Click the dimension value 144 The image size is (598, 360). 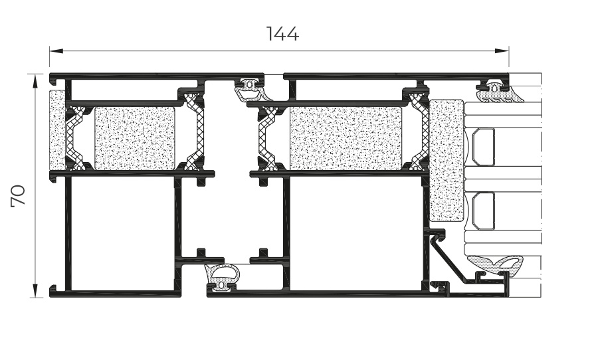282,34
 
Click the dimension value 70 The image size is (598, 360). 18,196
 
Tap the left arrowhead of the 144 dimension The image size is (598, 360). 56,51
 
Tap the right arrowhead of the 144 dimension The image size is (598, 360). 502,51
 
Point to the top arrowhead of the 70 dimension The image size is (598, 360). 35,81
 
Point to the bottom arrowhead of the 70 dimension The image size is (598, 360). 35,291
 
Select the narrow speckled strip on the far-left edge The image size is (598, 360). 58,130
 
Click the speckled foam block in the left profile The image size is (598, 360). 135,138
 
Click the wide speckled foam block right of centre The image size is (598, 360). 346,138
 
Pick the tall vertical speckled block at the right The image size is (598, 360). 447,161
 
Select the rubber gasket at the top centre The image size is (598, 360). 250,90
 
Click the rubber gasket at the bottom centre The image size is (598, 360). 223,276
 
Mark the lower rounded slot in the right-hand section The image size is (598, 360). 483,211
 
